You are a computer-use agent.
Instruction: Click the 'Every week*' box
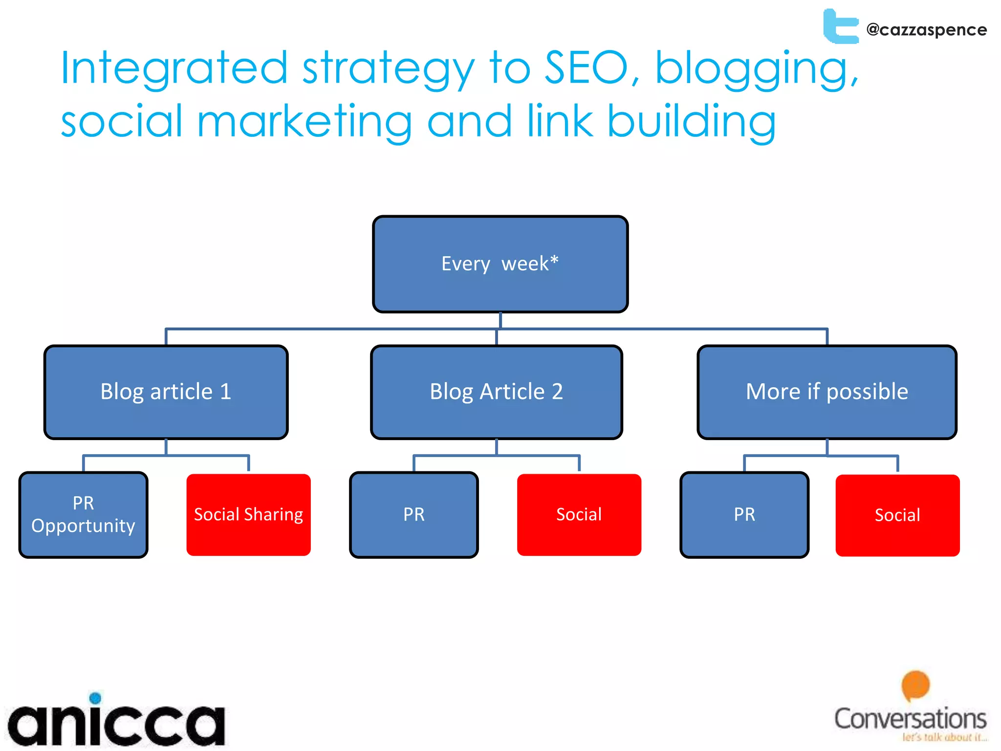[500, 264]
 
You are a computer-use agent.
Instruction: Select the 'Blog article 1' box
[166, 392]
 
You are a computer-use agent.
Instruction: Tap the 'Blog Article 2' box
[496, 392]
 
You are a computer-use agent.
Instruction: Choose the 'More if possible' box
[827, 392]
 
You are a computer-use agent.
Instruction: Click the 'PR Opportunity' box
[83, 515]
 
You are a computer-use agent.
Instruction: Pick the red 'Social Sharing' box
[248, 515]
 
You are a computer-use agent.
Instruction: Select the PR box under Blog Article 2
[413, 515]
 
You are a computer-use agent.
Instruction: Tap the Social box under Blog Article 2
[579, 515]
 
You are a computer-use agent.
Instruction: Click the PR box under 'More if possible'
[744, 515]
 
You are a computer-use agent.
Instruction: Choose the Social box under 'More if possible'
[897, 515]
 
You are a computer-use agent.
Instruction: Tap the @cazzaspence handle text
[926, 30]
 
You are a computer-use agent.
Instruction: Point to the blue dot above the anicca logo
[96, 698]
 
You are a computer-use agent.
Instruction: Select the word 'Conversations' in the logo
[910, 719]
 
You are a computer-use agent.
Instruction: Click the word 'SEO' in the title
[586, 68]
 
